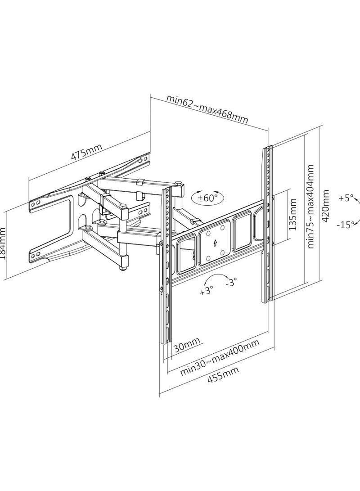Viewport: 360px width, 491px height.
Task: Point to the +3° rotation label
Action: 206,290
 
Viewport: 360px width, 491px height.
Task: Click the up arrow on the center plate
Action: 216,243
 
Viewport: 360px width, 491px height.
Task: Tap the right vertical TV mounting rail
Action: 266,223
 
